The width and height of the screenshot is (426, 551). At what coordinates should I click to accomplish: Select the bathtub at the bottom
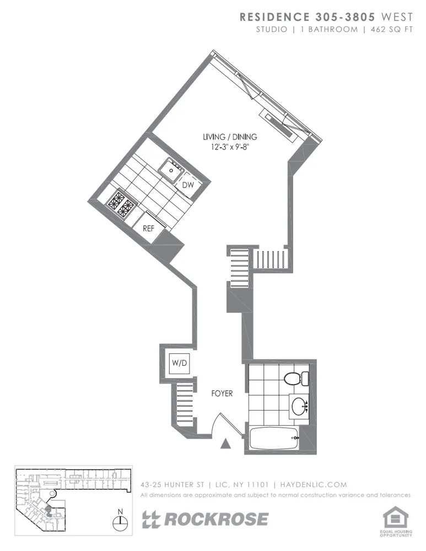272,439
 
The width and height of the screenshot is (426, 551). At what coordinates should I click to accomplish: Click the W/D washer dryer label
179,363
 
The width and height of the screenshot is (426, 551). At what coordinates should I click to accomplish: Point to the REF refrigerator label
149,228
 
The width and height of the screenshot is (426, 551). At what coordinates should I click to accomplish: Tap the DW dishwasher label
188,185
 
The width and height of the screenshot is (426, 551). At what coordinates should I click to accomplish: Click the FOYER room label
222,394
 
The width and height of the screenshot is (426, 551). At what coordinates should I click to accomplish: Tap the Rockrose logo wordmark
205,519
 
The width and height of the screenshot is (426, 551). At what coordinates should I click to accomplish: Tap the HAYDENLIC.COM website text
314,485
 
